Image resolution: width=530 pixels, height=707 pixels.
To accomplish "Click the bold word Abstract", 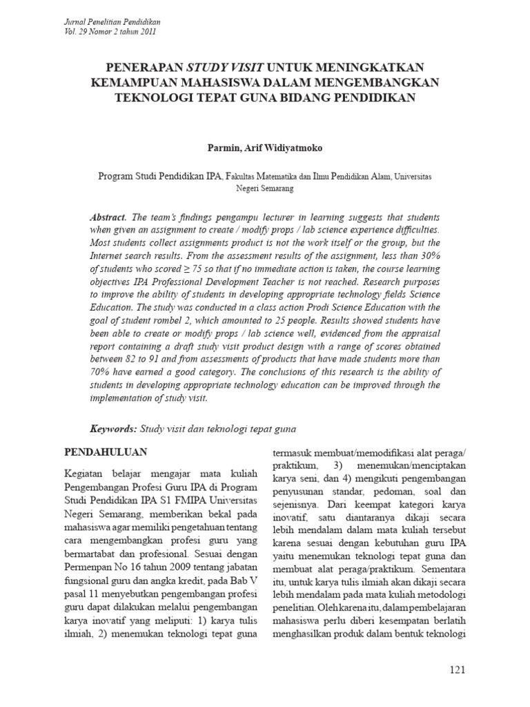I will pos(108,216).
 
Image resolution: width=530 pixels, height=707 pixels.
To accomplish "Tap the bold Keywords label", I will pos(113,429).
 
